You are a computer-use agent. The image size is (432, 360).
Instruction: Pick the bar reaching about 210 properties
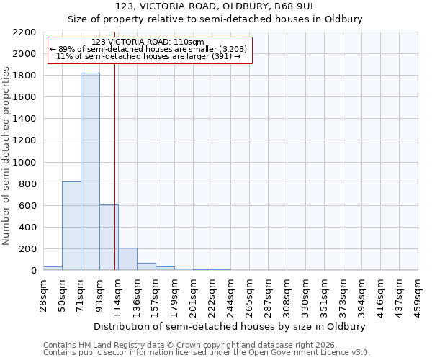tap(127, 259)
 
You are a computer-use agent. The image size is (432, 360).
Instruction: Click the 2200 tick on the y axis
tap(26, 32)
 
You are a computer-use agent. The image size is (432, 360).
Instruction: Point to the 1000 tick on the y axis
tap(26, 163)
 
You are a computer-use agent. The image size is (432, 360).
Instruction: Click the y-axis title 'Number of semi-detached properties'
tap(6, 156)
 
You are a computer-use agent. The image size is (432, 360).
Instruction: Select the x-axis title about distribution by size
tap(230, 326)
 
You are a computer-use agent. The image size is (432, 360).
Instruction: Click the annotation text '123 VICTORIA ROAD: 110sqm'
tap(149, 42)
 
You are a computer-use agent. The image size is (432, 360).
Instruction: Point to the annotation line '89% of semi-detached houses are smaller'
tap(149, 49)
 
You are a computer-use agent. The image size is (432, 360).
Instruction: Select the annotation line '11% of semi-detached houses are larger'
tap(149, 56)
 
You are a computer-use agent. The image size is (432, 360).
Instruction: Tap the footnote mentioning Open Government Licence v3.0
tap(207, 352)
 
